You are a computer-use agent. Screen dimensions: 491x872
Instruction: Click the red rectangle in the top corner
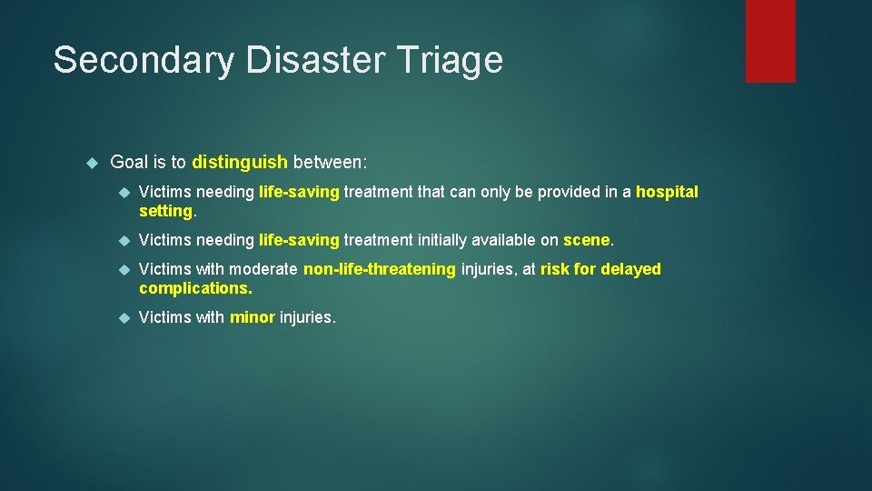pos(770,41)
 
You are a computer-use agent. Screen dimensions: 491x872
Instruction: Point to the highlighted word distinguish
pos(240,163)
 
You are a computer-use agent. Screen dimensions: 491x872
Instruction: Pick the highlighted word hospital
pos(667,192)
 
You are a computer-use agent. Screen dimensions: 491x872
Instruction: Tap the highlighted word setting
pos(165,211)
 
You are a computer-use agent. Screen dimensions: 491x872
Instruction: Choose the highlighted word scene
pos(587,240)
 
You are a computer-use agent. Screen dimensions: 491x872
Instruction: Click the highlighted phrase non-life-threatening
pos(380,269)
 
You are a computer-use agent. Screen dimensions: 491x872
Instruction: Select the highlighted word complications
pos(194,288)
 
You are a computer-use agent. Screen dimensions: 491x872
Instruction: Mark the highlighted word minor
pos(253,317)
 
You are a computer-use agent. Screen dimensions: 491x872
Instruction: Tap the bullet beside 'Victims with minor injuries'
pos(125,317)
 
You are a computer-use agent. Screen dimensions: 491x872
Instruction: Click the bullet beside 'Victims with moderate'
pos(125,269)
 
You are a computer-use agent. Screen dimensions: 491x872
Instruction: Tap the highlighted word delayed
pos(632,269)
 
